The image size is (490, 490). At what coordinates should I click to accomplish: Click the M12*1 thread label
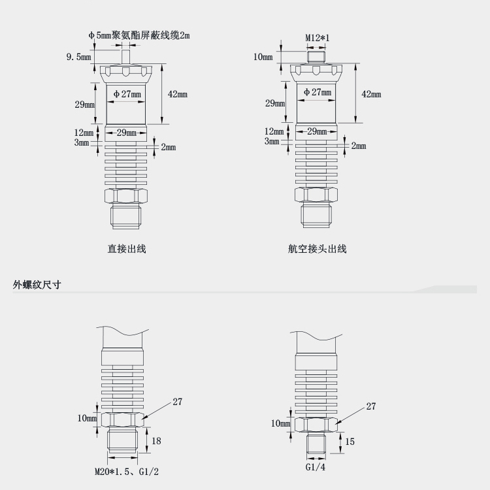(x=318, y=38)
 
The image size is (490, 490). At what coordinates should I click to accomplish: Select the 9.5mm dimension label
(x=78, y=57)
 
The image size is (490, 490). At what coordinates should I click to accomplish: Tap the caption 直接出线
(x=127, y=248)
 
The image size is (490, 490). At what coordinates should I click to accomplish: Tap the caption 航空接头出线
(x=317, y=248)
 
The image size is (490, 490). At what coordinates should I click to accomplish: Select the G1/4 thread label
(x=316, y=468)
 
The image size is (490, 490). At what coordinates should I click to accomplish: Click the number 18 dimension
(x=156, y=441)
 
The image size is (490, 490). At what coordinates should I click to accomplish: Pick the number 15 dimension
(x=350, y=442)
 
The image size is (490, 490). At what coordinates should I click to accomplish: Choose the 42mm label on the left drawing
(x=177, y=94)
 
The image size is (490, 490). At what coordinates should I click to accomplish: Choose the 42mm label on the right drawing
(x=371, y=94)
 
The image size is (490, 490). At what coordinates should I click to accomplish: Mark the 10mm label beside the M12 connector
(x=263, y=57)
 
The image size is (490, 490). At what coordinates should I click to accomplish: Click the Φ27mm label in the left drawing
(x=127, y=94)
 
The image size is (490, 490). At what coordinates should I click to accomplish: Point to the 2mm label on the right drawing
(x=359, y=146)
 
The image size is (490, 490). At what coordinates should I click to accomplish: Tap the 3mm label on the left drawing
(x=81, y=142)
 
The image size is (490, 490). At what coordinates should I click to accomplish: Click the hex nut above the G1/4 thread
(x=317, y=424)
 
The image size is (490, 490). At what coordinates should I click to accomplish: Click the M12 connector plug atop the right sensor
(x=318, y=57)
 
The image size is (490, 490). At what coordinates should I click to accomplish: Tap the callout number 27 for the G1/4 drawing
(x=370, y=406)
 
